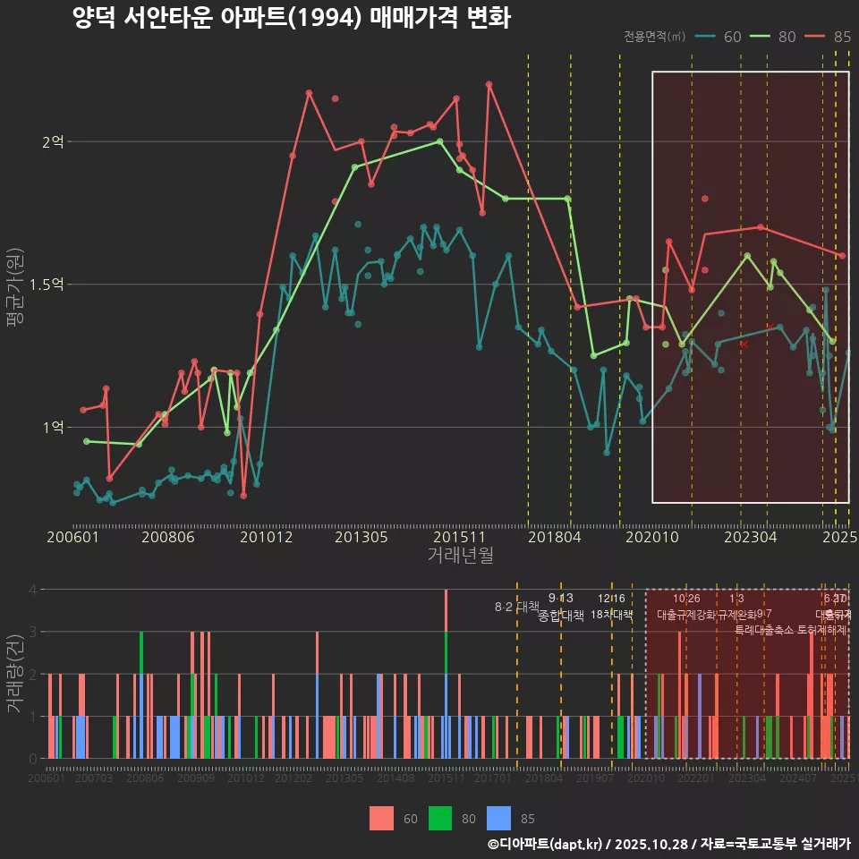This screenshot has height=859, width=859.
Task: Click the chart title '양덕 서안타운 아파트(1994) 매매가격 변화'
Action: pyautogui.click(x=292, y=18)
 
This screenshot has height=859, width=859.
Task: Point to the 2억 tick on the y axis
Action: pyautogui.click(x=53, y=141)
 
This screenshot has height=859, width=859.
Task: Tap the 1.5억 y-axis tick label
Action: pyautogui.click(x=47, y=285)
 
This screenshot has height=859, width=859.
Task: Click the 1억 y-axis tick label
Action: pyautogui.click(x=53, y=428)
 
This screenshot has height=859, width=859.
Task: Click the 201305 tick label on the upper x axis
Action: pyautogui.click(x=361, y=537)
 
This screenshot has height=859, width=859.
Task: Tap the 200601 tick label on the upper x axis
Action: pyautogui.click(x=72, y=537)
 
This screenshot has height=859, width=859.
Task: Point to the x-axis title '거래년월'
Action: pyautogui.click(x=460, y=556)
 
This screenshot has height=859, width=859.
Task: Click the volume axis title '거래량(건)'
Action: pyautogui.click(x=15, y=674)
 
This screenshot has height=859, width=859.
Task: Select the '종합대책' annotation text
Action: pyautogui.click(x=561, y=616)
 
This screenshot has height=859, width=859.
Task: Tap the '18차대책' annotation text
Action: pyautogui.click(x=612, y=616)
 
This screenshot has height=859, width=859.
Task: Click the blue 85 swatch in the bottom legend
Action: pyautogui.click(x=499, y=818)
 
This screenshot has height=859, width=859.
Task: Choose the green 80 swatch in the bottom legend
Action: pyautogui.click(x=441, y=818)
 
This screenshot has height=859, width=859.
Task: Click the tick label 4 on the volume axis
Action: pyautogui.click(x=32, y=590)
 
